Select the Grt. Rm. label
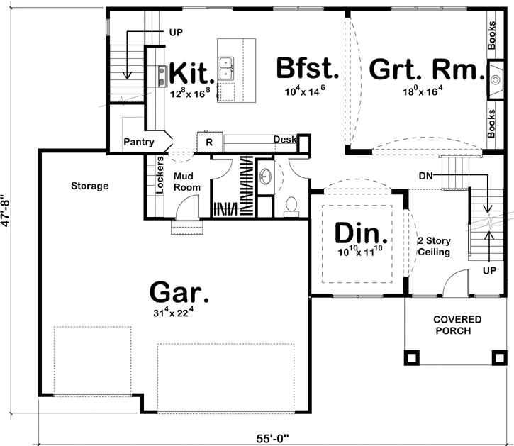point(423,71)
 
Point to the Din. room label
point(361,233)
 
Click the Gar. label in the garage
point(180,291)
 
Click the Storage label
point(89,186)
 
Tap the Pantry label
point(139,142)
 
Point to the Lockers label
point(159,174)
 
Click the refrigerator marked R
point(209,142)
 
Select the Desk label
point(285,140)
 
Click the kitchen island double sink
point(228,69)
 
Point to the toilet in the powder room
point(290,206)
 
